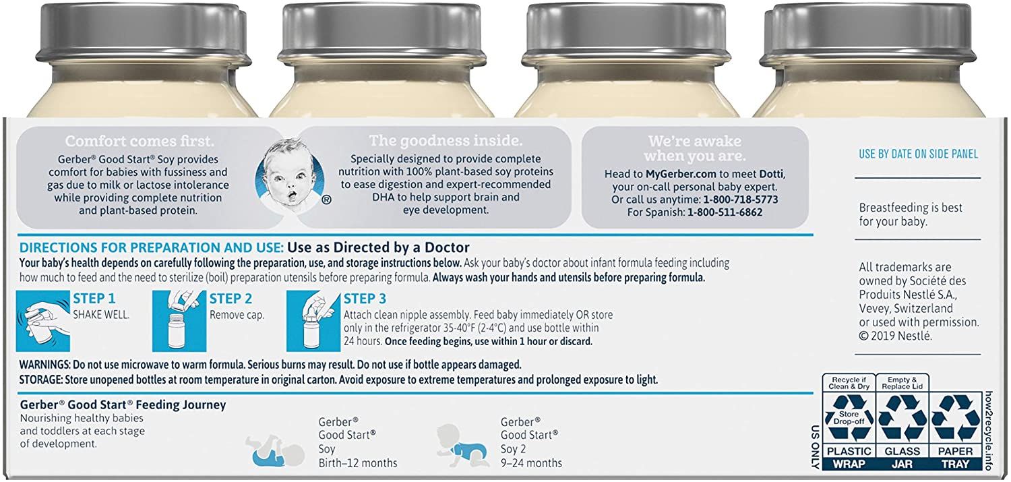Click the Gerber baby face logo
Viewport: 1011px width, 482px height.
pyautogui.click(x=288, y=176)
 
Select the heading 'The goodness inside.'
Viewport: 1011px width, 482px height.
pyautogui.click(x=446, y=141)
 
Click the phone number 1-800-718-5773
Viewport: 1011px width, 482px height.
pyautogui.click(x=741, y=200)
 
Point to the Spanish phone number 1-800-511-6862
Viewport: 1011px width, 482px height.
pyautogui.click(x=725, y=212)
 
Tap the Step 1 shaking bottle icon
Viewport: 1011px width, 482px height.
pyautogui.click(x=44, y=321)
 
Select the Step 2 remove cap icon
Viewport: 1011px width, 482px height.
pyautogui.click(x=179, y=321)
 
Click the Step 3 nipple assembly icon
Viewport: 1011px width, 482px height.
pyautogui.click(x=313, y=321)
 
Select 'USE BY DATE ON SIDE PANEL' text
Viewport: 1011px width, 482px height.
pyautogui.click(x=918, y=154)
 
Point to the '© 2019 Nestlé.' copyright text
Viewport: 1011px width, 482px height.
pyautogui.click(x=895, y=335)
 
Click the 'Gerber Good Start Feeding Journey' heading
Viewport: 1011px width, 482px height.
pyautogui.click(x=123, y=405)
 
